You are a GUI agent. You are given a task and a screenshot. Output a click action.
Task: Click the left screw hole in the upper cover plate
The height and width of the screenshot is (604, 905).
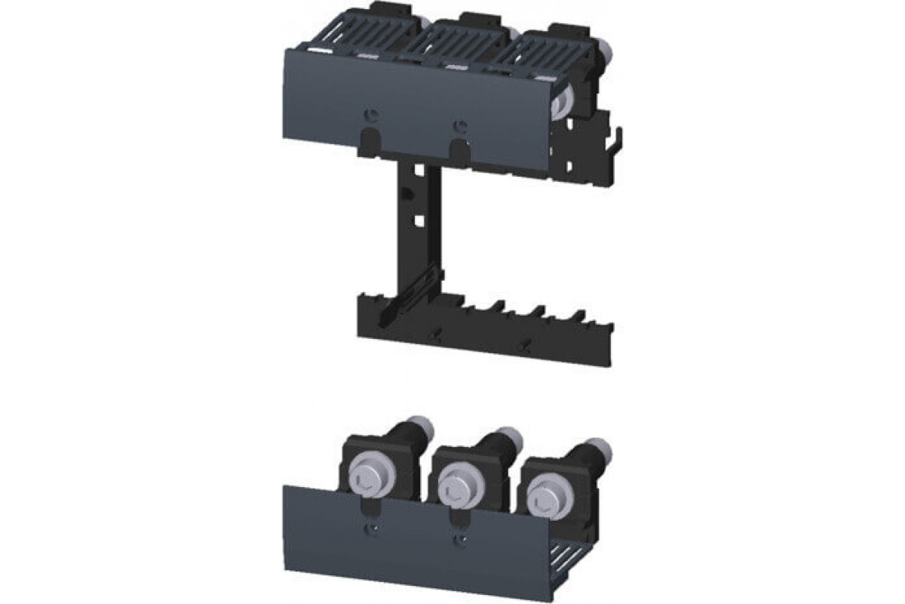tap(370, 114)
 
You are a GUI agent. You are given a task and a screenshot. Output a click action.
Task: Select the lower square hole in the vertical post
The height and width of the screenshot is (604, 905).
tap(416, 223)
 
